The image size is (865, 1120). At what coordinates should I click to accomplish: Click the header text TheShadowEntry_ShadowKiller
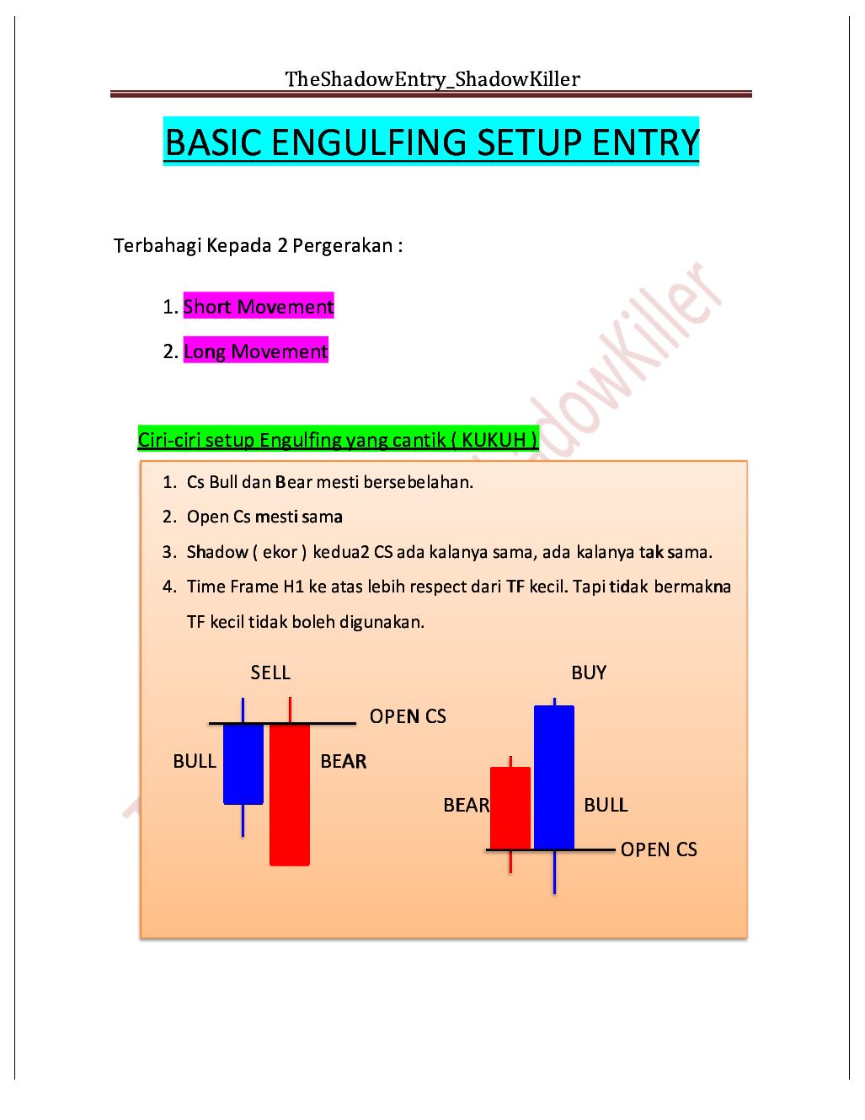[432, 79]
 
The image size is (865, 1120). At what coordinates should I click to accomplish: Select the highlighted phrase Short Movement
[258, 307]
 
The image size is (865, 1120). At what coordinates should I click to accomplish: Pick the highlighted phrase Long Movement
[255, 351]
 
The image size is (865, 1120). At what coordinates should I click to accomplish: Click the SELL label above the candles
[270, 673]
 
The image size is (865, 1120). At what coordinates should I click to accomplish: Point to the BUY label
[589, 673]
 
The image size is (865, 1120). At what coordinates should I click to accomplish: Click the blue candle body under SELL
[243, 764]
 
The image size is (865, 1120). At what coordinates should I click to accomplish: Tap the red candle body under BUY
[510, 807]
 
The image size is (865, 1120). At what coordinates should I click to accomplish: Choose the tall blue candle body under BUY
[554, 776]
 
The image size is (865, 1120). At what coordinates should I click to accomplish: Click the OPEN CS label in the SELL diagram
[408, 716]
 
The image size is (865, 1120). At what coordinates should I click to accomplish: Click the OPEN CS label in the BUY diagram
[659, 849]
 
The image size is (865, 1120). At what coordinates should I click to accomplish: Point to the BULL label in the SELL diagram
[195, 761]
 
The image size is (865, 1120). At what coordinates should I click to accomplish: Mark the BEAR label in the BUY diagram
[466, 806]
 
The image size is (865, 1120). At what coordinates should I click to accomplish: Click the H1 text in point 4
[291, 587]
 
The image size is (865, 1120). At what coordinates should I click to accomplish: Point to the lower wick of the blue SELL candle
[243, 821]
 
